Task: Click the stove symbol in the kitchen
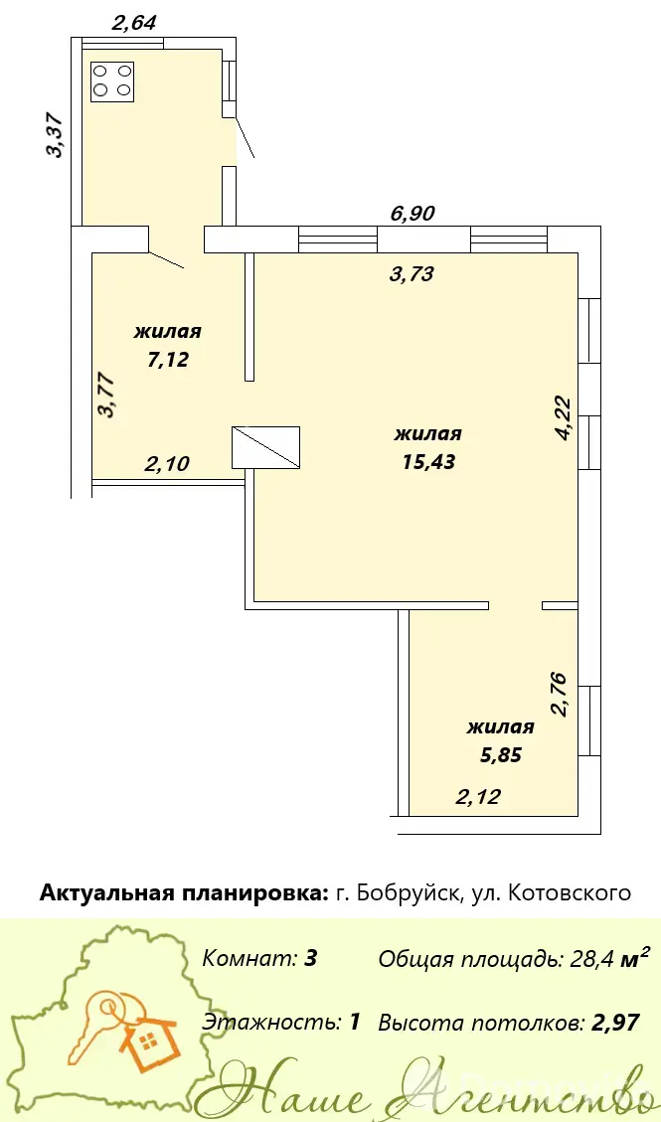point(113,80)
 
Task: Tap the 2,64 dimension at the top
point(134,22)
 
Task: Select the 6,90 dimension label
point(413,213)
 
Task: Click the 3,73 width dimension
point(413,273)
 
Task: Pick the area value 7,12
point(168,359)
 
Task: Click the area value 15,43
point(428,461)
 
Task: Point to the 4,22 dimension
point(565,418)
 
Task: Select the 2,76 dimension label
point(559,694)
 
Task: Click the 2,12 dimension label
point(478,796)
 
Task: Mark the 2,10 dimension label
point(167,464)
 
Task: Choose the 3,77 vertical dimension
point(108,395)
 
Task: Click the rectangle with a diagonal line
point(265,448)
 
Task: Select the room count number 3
point(310,959)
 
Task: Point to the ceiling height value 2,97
point(616,1023)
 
